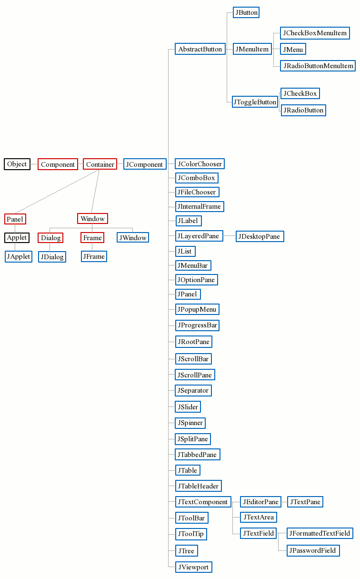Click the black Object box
pos(17,164)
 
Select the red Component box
pos(58,164)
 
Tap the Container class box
pos(100,164)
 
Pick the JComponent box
pos(144,164)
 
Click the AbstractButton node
pos(200,49)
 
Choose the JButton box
pos(246,13)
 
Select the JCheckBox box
pos(300,93)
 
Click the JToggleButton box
pos(255,102)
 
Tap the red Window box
pos(92,219)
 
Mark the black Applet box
pos(17,237)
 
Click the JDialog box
pos(52,257)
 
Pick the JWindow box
pos(133,237)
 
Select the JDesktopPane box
pos(260,236)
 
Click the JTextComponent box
pos(203,502)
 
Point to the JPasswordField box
pos(313,550)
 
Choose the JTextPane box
pos(305,502)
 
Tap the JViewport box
pos(193,567)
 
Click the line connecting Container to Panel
pos(57,192)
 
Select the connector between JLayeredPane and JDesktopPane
pos(230,236)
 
